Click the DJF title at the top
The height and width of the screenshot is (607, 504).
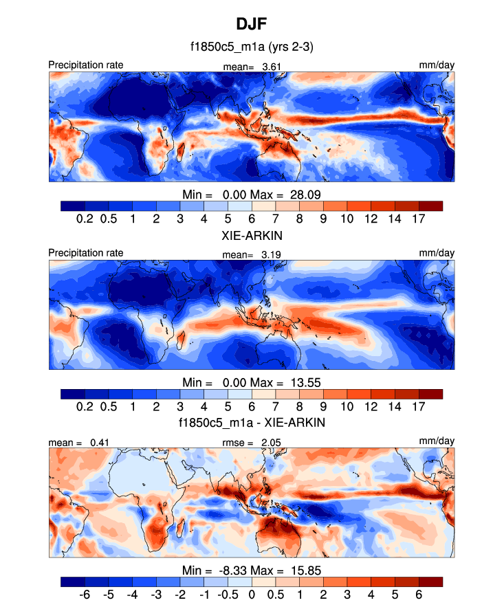252,25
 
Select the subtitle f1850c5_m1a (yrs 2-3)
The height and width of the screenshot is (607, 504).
252,47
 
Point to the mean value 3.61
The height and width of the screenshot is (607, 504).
271,67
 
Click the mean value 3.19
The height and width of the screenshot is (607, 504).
271,254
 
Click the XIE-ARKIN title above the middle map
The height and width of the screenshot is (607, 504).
252,235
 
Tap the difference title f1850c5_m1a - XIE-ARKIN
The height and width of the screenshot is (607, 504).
252,423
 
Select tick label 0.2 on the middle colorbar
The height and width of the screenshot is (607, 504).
85,406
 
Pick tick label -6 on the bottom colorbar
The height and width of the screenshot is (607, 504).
85,594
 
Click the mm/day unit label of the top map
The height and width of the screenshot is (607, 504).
437,65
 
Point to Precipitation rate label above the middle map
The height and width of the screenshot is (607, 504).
86,253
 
